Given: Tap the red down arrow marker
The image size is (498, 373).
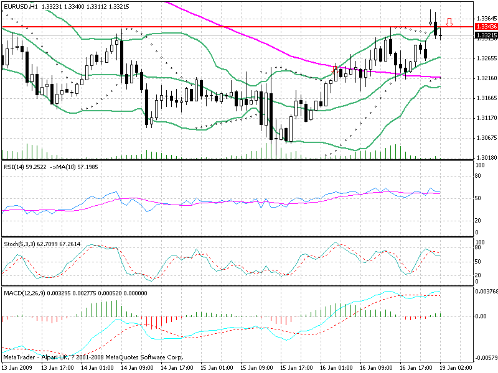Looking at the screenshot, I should [449, 23].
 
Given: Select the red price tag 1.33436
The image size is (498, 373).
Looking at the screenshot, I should [486, 27].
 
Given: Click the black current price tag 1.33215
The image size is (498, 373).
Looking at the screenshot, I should [486, 35].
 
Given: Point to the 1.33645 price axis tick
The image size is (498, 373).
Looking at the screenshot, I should [486, 19].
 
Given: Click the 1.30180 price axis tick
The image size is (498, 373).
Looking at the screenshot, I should [486, 157].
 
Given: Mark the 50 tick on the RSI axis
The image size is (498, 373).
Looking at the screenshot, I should [479, 198].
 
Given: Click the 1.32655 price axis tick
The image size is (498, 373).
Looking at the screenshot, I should [486, 58].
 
